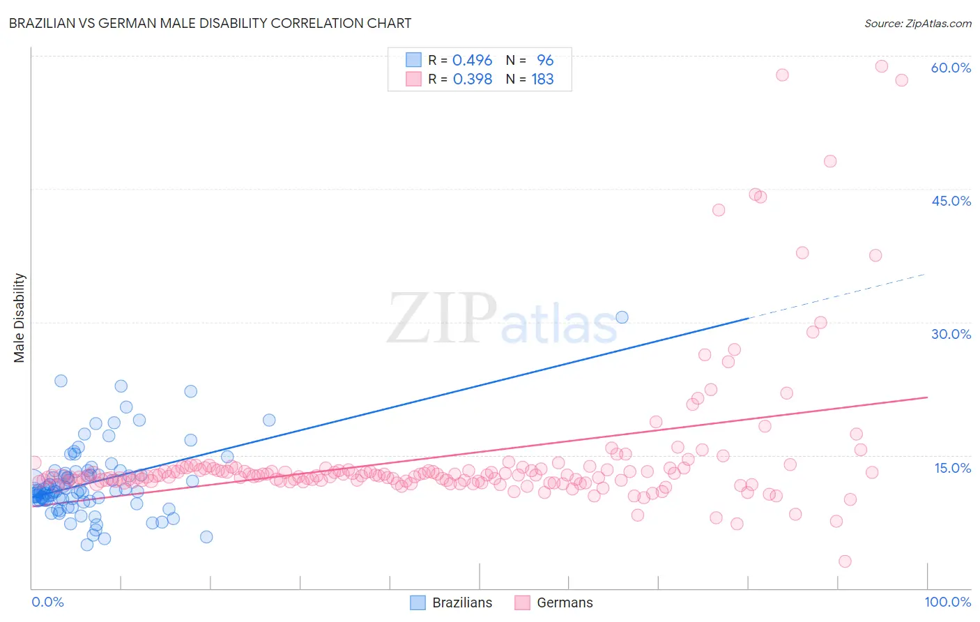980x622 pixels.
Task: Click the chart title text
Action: (210, 23)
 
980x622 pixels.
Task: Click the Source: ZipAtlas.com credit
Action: (917, 23)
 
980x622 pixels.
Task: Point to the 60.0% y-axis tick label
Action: (951, 68)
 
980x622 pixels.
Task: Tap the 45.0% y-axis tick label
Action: (951, 201)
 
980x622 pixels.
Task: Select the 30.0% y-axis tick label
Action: (951, 334)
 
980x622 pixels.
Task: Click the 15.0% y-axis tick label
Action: (952, 467)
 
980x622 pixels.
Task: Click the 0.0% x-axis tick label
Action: (47, 602)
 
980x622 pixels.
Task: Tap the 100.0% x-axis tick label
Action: (947, 602)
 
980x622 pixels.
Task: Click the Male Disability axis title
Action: (20, 317)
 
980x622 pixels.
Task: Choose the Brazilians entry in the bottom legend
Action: (461, 602)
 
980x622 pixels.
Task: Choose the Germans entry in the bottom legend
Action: (564, 602)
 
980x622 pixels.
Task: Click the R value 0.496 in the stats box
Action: (472, 61)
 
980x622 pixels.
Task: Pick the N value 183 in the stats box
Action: (542, 79)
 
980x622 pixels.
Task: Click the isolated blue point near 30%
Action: (622, 317)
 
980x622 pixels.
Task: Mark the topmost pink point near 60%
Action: (882, 66)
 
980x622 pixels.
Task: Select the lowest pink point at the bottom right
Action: (845, 561)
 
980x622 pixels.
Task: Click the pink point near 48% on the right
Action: (830, 161)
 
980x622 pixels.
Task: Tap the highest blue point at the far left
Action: (61, 381)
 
